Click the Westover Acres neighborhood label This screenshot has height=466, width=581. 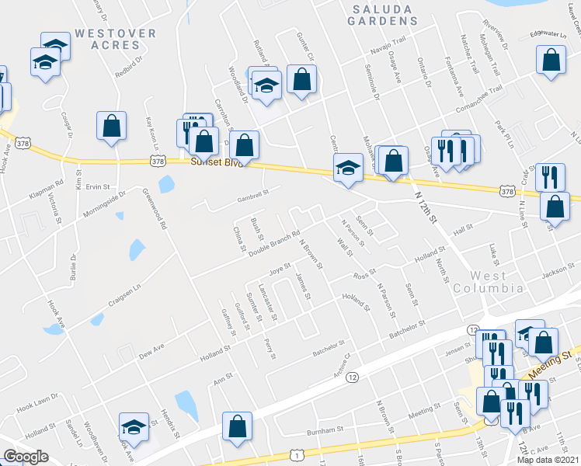pyautogui.click(x=116, y=40)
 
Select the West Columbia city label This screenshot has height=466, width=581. pyautogui.click(x=489, y=282)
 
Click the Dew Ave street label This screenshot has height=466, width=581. pyautogui.click(x=153, y=351)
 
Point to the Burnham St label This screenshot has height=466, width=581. pyautogui.click(x=325, y=429)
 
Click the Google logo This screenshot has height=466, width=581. pyautogui.click(x=26, y=456)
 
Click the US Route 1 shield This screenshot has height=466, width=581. pyautogui.click(x=297, y=456)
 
